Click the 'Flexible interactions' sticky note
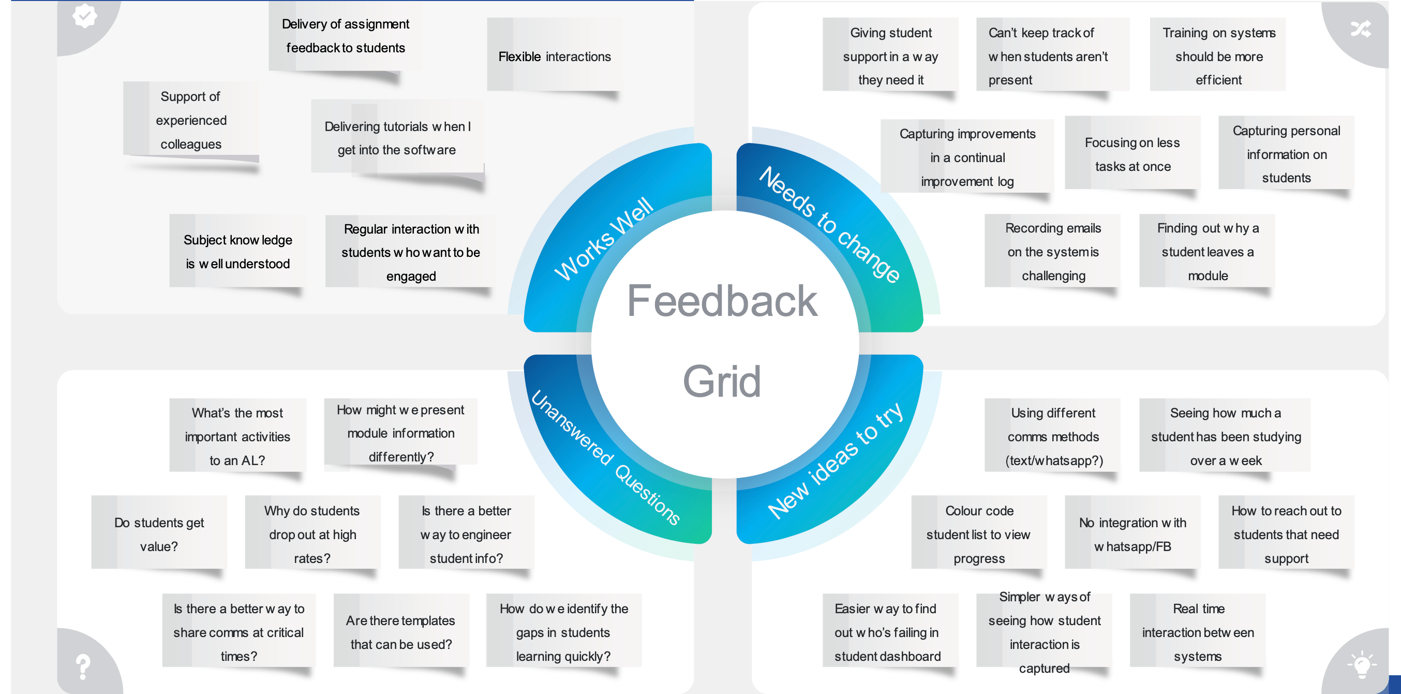click(554, 56)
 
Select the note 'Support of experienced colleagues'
click(191, 120)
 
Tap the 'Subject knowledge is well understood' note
click(237, 252)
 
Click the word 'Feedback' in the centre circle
click(722, 300)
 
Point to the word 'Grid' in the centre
click(722, 381)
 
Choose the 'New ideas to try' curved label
click(835, 460)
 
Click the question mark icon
click(83, 666)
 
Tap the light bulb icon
click(1361, 664)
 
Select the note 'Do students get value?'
click(159, 534)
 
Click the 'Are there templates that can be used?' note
click(401, 632)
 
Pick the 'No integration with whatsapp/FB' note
click(1132, 534)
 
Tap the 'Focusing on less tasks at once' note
click(1132, 154)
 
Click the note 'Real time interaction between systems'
click(1198, 632)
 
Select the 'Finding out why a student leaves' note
click(1208, 252)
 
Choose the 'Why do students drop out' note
click(312, 534)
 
